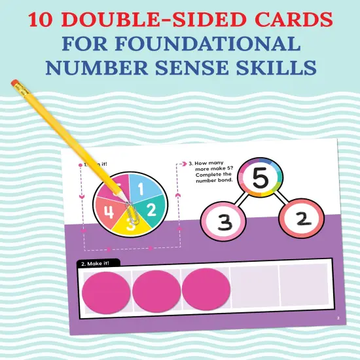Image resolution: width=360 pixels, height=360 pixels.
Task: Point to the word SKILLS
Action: pyautogui.click(x=281, y=68)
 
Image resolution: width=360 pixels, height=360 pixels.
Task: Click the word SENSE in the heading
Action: pyautogui.click(x=206, y=68)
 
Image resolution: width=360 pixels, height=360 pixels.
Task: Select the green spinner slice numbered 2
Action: pyautogui.click(x=152, y=211)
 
